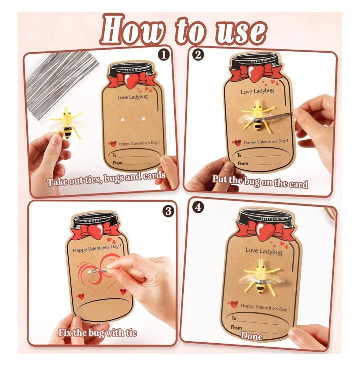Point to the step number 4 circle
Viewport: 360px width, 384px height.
pos(198,207)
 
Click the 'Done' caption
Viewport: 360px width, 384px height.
pos(252,336)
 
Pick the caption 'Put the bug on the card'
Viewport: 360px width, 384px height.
pos(260,182)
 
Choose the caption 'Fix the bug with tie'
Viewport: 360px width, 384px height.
pos(98,332)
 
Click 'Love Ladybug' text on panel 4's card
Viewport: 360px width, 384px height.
pos(264,250)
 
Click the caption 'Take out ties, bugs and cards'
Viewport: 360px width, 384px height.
pos(106,179)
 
